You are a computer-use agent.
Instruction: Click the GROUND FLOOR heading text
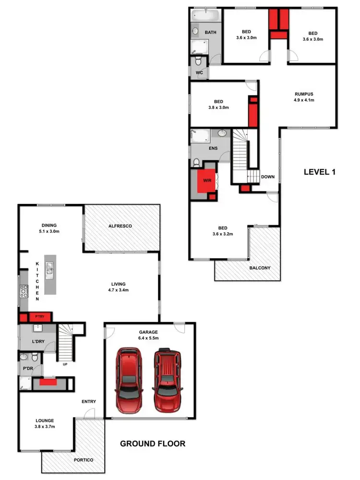click(152, 444)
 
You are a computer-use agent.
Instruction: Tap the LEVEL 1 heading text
click(320, 171)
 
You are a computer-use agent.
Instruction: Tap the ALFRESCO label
click(120, 226)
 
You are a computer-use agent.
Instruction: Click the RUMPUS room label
click(304, 94)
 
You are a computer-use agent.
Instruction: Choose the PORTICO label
click(83, 460)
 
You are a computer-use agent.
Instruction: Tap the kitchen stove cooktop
click(23, 290)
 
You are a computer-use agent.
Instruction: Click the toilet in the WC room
click(198, 61)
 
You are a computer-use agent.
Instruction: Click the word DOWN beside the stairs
click(268, 177)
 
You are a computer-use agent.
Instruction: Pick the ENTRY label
click(89, 402)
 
